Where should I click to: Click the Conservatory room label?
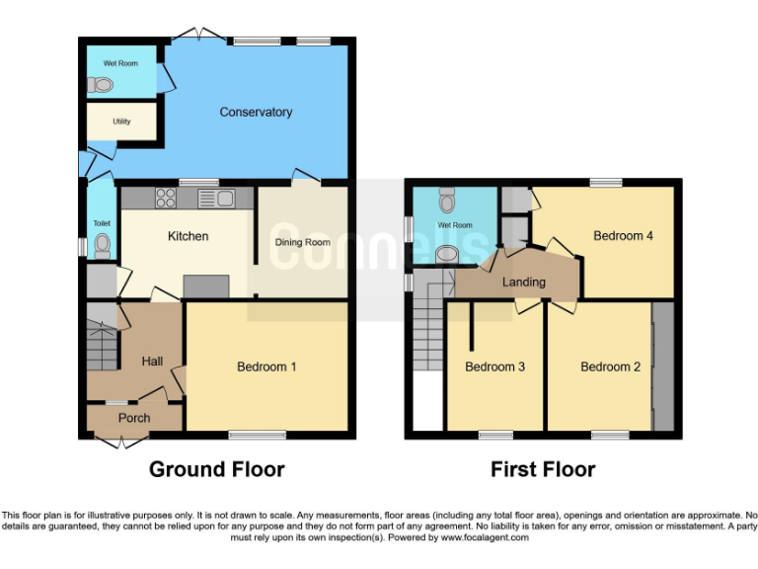pyautogui.click(x=256, y=113)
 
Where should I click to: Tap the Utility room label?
pyautogui.click(x=121, y=122)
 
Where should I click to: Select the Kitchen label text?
pyautogui.click(x=188, y=236)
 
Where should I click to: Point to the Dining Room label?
pyautogui.click(x=302, y=242)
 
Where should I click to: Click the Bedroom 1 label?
pyautogui.click(x=266, y=367)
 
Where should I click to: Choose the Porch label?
pyautogui.click(x=134, y=418)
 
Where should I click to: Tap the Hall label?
pyautogui.click(x=152, y=362)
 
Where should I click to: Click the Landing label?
pyautogui.click(x=523, y=282)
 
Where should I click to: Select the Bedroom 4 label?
pyautogui.click(x=623, y=236)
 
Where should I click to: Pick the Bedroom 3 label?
pyautogui.click(x=494, y=367)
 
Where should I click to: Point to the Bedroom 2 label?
pyautogui.click(x=610, y=367)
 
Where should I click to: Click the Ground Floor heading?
pyautogui.click(x=216, y=469)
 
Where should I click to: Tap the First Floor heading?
pyautogui.click(x=543, y=469)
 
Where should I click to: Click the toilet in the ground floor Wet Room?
pyautogui.click(x=100, y=86)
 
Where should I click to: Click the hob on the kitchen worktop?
pyautogui.click(x=164, y=199)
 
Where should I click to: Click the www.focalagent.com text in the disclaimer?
pyautogui.click(x=485, y=538)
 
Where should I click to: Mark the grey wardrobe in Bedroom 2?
pyautogui.click(x=663, y=366)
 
